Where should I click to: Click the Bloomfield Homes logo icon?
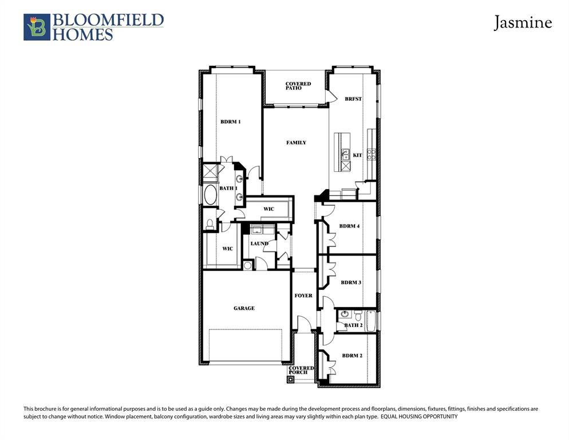tap(37, 27)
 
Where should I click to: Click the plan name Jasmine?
tap(523, 23)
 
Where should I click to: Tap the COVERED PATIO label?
tap(298, 86)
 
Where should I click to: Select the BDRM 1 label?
tap(231, 122)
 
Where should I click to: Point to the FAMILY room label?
tap(296, 143)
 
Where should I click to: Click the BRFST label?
tap(353, 99)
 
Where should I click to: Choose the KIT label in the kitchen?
tap(357, 155)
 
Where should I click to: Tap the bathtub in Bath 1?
tap(210, 195)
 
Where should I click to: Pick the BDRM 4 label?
tap(349, 226)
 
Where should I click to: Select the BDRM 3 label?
tap(350, 282)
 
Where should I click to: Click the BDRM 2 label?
tap(352, 356)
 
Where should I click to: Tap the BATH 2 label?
tap(353, 325)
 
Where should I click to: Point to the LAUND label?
tap(259, 243)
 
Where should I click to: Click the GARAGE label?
tap(244, 308)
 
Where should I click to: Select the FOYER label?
tap(303, 296)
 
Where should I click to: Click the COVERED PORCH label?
tap(301, 370)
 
